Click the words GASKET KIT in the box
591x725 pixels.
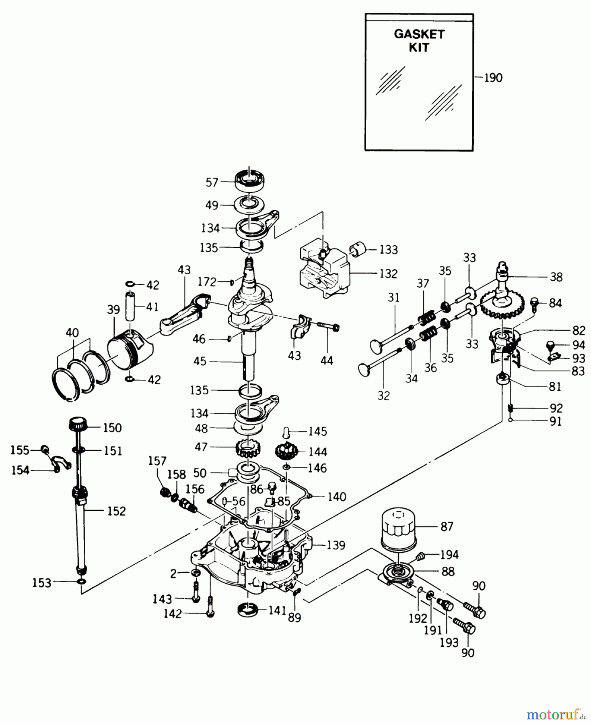(x=419, y=41)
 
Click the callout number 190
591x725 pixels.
(x=493, y=77)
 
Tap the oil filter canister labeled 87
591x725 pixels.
(x=398, y=529)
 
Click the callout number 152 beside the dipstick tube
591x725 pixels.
(x=116, y=511)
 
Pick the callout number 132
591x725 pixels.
(x=388, y=273)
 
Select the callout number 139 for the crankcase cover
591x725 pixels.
(x=336, y=545)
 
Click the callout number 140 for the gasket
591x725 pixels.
(x=336, y=497)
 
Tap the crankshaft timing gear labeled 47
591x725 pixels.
(x=248, y=447)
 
